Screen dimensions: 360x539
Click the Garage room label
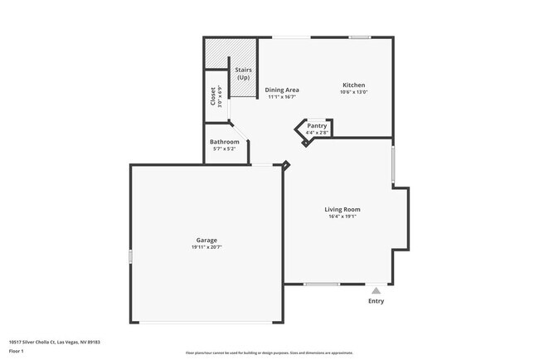(x=206, y=241)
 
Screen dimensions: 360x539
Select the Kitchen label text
(x=354, y=85)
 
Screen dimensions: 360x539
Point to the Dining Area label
(x=282, y=90)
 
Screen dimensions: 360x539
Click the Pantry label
(x=317, y=125)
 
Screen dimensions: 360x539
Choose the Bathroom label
(x=224, y=142)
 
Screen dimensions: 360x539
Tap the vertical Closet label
(x=213, y=96)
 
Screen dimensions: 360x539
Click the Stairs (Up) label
(x=244, y=74)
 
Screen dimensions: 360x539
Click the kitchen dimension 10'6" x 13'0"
(x=354, y=92)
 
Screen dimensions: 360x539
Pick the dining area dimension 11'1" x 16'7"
(x=282, y=97)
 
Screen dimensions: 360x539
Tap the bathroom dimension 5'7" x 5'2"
(x=224, y=149)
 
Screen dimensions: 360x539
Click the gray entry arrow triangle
(x=376, y=290)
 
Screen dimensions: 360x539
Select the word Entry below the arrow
(x=376, y=301)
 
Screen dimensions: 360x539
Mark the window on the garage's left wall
(x=130, y=257)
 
